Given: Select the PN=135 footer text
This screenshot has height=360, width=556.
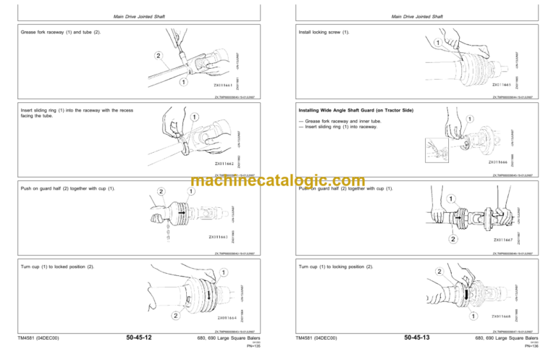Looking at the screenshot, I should pos(253,346).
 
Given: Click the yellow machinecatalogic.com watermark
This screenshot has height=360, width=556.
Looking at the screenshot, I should pos(278,181).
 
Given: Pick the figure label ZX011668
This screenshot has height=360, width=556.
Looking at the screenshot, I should pos(505,316).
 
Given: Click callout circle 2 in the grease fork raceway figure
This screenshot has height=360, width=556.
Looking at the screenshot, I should pos(157,55).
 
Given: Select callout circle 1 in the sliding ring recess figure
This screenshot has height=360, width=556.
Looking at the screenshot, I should pos(195,116).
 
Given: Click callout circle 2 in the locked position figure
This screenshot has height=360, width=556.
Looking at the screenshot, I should pos(176,316).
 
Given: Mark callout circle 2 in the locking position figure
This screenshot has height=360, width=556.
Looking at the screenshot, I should pos(438,272).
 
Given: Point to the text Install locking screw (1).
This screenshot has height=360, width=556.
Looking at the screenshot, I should pos(324,33).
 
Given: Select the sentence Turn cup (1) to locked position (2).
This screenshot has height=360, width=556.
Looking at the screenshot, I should pos(57,267).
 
